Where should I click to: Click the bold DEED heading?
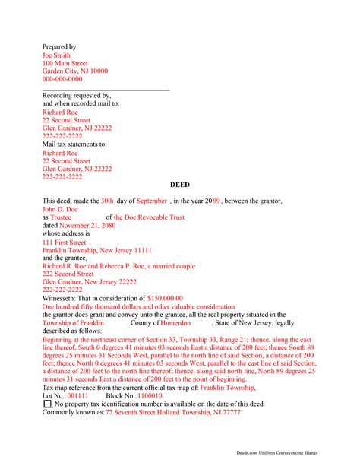click(181, 185)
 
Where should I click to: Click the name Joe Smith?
click(57, 55)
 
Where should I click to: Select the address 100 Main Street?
click(65, 63)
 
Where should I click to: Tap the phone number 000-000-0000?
click(62, 79)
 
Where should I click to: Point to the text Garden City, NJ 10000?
click(74, 71)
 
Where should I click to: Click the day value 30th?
click(107, 201)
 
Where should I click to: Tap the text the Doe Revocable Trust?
click(149, 217)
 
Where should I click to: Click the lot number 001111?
click(77, 395)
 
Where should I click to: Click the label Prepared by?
click(60, 46)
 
